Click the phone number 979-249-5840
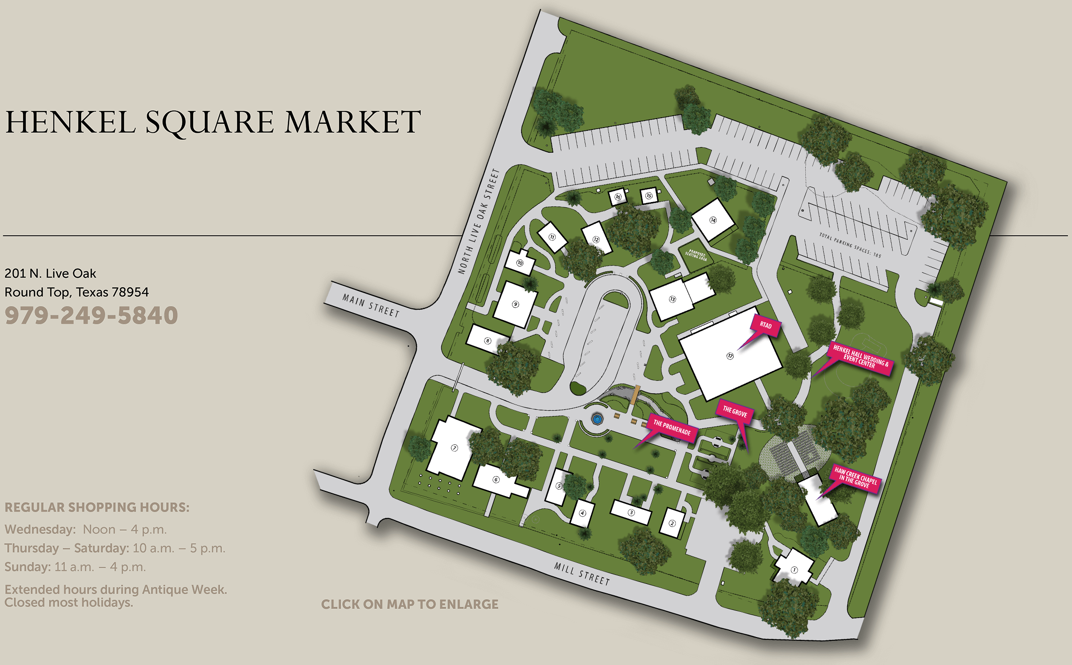[91, 315]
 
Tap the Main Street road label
[371, 305]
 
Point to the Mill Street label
[582, 573]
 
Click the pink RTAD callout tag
[765, 325]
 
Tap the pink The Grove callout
[735, 412]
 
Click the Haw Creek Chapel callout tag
[856, 478]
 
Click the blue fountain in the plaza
[597, 419]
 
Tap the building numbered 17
[730, 356]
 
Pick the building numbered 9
[515, 304]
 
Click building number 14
[713, 220]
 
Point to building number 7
[454, 448]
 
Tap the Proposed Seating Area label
[696, 255]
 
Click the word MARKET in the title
[352, 122]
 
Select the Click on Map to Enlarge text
[410, 604]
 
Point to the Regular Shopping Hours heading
[97, 507]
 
